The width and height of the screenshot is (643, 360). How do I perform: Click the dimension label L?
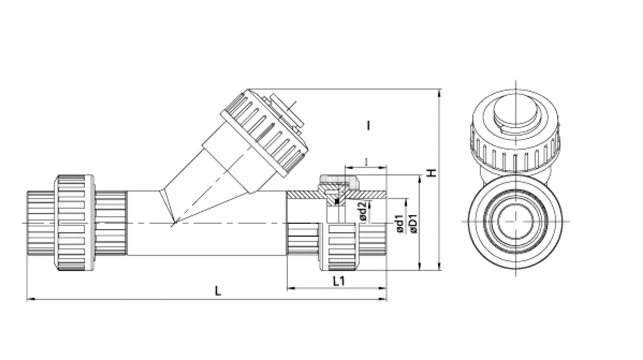point(218,291)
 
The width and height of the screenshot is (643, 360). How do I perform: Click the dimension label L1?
point(339,281)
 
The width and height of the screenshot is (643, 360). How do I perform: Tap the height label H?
point(432,173)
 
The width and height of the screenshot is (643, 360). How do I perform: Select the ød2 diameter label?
point(363,211)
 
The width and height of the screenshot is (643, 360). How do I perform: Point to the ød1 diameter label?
point(399,224)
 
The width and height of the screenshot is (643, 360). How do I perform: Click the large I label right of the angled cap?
point(368,126)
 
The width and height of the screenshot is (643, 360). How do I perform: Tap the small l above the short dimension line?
point(366,162)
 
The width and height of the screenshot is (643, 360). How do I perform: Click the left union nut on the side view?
point(75,223)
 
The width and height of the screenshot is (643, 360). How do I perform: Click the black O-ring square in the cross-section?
point(337,201)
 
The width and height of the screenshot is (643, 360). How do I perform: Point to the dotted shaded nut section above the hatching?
point(339,183)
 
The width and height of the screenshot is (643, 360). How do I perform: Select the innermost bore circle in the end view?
point(515,221)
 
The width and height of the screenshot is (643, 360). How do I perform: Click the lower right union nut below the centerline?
point(339,247)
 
